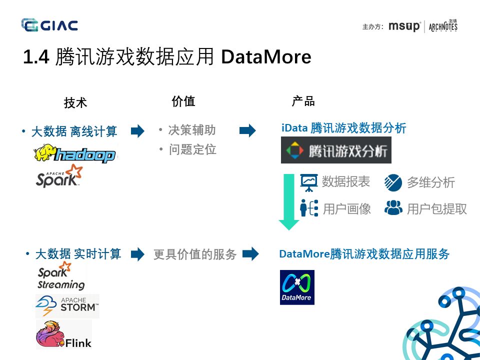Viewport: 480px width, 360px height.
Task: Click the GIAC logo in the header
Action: click(x=49, y=24)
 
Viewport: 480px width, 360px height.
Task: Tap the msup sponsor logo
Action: click(x=404, y=26)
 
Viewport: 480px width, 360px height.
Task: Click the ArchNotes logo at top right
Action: click(x=443, y=26)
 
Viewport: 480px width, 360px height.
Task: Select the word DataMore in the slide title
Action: click(x=266, y=57)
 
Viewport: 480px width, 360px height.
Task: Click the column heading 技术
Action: click(x=75, y=103)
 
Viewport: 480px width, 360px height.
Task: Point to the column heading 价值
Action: click(x=183, y=101)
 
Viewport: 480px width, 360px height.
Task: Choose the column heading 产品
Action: click(x=303, y=101)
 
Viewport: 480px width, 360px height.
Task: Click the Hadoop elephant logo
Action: click(x=75, y=154)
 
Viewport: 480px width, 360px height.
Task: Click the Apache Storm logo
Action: click(x=67, y=306)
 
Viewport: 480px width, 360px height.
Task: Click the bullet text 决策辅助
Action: click(x=192, y=130)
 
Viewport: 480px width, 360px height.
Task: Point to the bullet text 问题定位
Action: click(x=192, y=149)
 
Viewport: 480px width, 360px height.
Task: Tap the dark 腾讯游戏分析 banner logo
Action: click(x=336, y=150)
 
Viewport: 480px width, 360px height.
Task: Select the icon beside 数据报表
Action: click(x=308, y=182)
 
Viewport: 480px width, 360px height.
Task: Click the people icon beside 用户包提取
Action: click(x=393, y=207)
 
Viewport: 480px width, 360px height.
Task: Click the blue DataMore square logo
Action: click(x=297, y=287)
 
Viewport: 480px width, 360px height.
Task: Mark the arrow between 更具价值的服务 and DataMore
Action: click(x=250, y=254)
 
